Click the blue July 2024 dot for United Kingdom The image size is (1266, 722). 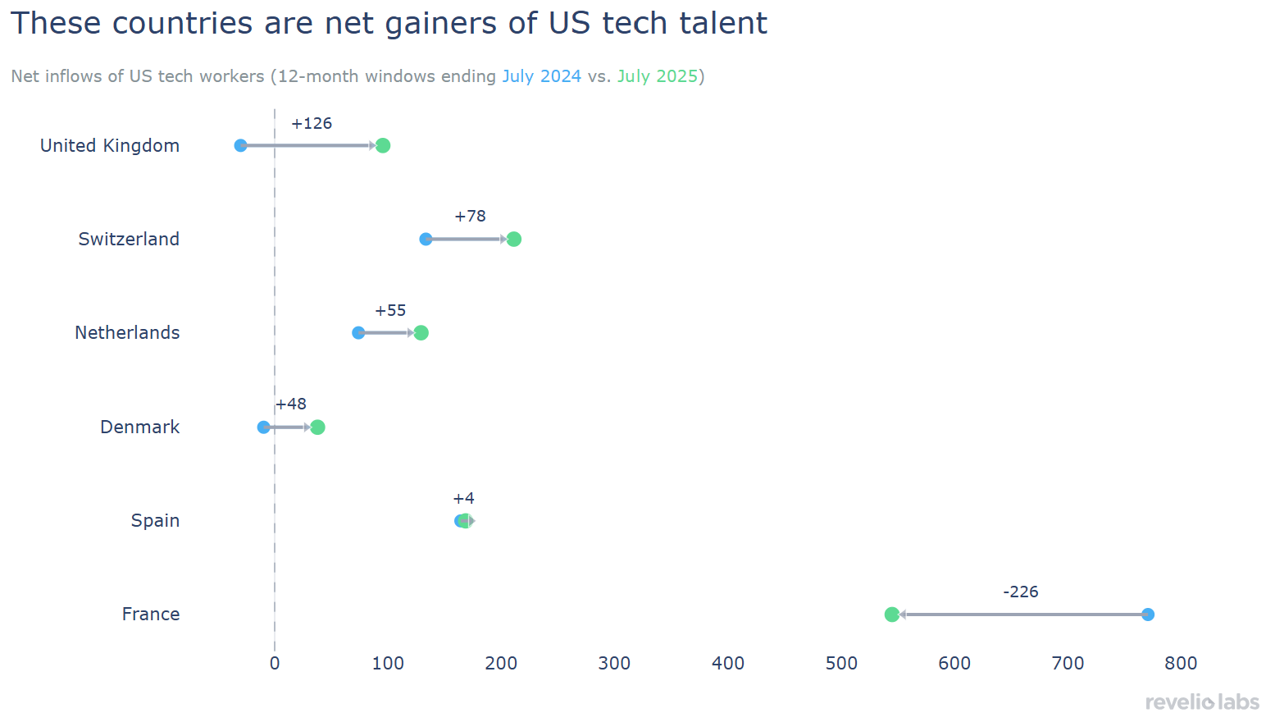240,146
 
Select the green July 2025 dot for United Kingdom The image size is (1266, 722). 382,146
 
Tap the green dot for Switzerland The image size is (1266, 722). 513,240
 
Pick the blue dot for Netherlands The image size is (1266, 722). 358,333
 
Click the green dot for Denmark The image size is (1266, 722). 317,427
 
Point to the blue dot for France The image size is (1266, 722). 1148,615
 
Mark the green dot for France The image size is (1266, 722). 892,615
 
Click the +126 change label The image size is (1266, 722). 312,124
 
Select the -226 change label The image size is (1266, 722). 1021,592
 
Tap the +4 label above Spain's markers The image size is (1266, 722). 463,499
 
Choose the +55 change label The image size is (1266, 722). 390,311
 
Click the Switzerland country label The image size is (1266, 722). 129,240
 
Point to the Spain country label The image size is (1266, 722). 155,521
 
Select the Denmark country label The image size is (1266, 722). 139,427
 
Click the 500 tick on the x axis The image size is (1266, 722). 841,664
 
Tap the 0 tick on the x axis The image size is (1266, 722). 275,664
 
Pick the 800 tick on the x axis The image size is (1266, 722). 1181,664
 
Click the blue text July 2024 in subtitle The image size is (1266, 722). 541,76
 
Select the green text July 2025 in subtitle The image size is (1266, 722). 657,76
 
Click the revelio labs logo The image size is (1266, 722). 1202,702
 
